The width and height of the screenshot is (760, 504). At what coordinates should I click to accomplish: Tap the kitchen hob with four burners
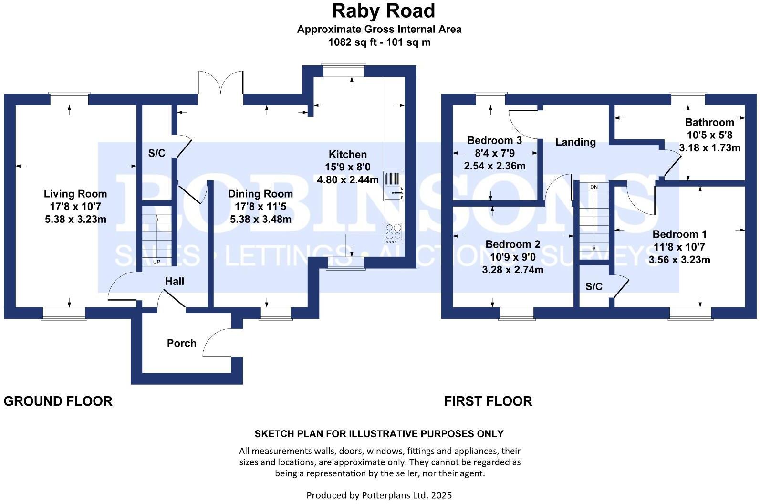(x=393, y=233)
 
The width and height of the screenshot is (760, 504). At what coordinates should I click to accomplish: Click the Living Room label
(x=75, y=194)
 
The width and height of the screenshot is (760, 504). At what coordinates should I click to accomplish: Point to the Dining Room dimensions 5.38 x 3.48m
(x=260, y=220)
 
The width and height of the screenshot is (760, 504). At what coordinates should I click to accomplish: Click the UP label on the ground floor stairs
(x=156, y=262)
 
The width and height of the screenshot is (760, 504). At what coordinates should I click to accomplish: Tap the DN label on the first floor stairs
(x=593, y=187)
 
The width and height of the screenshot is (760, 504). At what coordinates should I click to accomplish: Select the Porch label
(x=181, y=343)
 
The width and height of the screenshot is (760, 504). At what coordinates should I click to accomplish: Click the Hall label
(x=175, y=282)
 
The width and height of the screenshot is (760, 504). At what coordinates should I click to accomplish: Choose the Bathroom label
(x=709, y=122)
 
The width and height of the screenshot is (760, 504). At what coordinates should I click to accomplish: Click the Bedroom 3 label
(x=494, y=140)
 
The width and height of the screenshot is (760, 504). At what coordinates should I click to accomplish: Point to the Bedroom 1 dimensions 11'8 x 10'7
(x=679, y=247)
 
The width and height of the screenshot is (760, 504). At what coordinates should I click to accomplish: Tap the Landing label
(x=575, y=142)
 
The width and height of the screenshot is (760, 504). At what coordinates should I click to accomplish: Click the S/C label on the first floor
(x=594, y=286)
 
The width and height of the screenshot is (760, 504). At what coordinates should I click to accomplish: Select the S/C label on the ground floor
(x=156, y=153)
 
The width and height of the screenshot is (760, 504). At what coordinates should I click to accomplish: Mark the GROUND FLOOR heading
(x=58, y=401)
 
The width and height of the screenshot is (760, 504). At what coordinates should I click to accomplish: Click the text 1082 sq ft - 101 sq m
(x=379, y=42)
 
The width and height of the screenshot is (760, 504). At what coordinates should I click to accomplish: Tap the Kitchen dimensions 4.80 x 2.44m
(x=348, y=180)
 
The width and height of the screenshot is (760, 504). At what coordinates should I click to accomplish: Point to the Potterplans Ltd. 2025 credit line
(x=379, y=495)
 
